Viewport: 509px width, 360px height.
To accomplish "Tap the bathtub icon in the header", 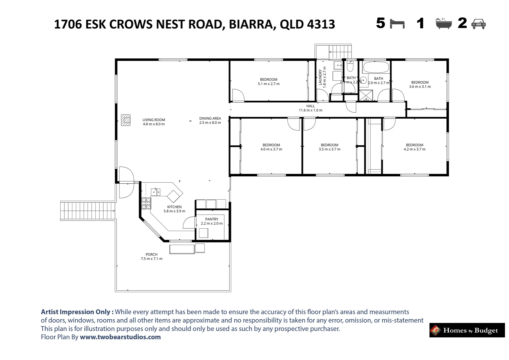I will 444,24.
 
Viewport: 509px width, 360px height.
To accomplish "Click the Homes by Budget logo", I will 467,330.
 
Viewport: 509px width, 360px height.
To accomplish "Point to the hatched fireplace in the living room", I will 126,120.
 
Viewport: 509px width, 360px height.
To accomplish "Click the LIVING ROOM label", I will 154,120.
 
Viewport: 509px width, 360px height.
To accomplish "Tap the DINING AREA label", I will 210,118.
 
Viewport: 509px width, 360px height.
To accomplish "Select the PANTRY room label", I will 212,219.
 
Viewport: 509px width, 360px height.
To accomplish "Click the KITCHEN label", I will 174,207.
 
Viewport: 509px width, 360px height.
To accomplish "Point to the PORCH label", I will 152,254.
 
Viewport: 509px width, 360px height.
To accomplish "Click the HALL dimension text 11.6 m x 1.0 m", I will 310,110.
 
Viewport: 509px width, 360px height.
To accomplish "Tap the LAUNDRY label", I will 320,77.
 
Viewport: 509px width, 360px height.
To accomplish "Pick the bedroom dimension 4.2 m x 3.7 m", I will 414,149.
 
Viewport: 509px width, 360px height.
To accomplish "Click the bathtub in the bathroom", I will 376,67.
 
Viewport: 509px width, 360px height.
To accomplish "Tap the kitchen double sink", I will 155,192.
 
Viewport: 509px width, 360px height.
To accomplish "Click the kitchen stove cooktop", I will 146,203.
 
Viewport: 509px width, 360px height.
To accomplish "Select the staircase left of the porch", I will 87,211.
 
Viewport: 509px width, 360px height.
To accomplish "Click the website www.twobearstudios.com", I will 120,337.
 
